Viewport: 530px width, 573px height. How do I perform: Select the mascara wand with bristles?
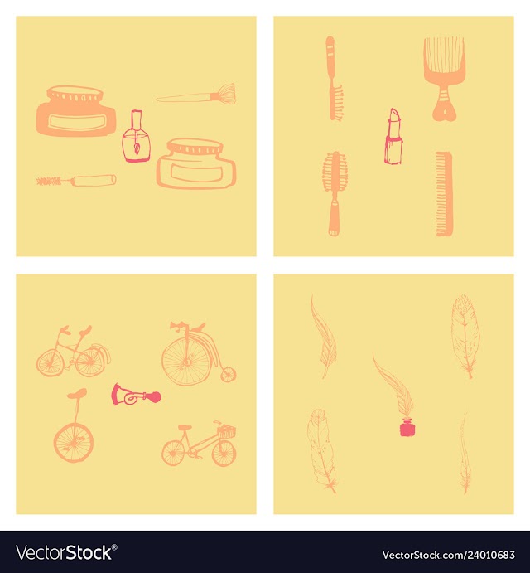(x=77, y=180)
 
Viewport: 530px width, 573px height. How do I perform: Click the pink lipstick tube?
(x=393, y=136)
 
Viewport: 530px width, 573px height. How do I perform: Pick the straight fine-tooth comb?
(x=444, y=194)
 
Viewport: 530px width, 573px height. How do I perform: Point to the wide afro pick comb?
(x=444, y=78)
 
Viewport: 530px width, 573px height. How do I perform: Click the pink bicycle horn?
(x=136, y=395)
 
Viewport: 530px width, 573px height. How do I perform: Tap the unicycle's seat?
(x=77, y=394)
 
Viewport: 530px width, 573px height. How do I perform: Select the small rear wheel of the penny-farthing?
(x=229, y=375)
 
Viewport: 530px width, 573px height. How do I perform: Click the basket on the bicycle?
(x=226, y=431)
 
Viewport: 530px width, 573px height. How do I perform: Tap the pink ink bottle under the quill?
(x=407, y=428)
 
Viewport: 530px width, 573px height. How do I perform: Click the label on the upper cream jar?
(x=77, y=122)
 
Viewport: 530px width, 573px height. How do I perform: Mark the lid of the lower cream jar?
(x=195, y=147)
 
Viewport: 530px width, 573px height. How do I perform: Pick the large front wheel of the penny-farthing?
(x=186, y=362)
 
